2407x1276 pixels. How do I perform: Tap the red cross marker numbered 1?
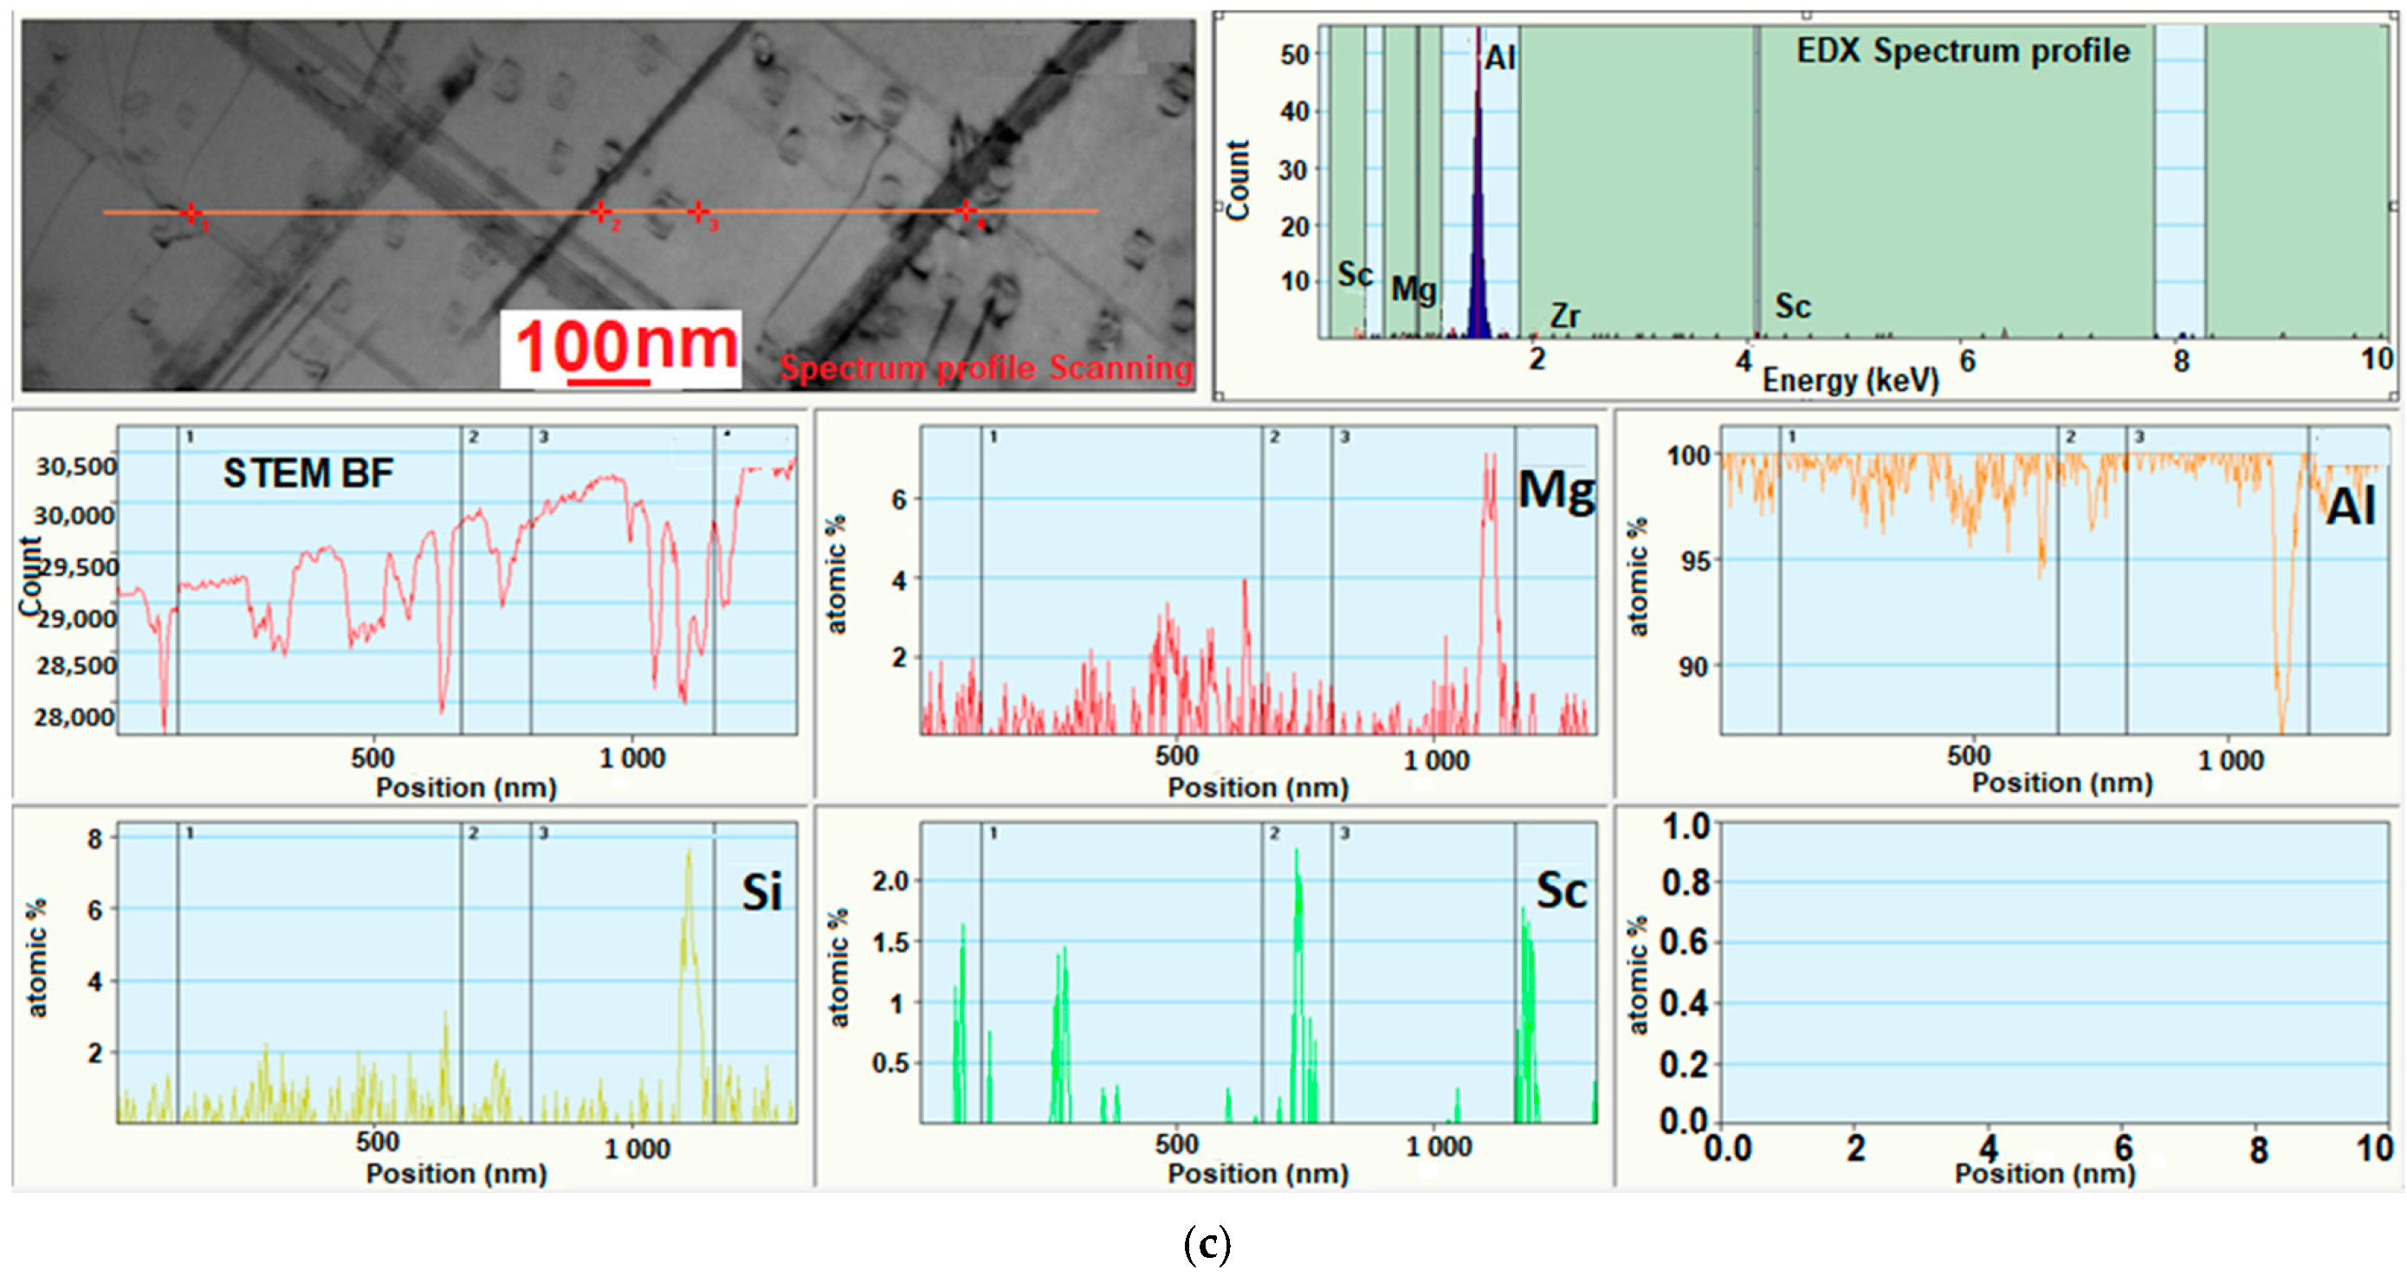pyautogui.click(x=191, y=213)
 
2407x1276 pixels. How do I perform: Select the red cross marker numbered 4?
pyautogui.click(x=965, y=211)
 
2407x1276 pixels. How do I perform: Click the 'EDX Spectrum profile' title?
pyautogui.click(x=1962, y=50)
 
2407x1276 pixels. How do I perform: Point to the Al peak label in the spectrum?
pyautogui.click(x=1499, y=58)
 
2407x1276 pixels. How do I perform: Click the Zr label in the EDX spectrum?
pyautogui.click(x=1564, y=316)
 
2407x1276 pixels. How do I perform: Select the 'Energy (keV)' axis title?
pyautogui.click(x=1850, y=380)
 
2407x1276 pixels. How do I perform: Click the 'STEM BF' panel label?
pyautogui.click(x=307, y=473)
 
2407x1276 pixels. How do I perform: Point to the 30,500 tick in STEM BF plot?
pyautogui.click(x=76, y=466)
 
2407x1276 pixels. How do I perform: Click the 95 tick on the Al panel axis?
pyautogui.click(x=1692, y=562)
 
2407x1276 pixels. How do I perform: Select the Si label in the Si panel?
pyautogui.click(x=761, y=893)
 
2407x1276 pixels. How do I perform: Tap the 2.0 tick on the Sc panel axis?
pyautogui.click(x=890, y=881)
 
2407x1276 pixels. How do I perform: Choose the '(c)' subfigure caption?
pyautogui.click(x=1207, y=1244)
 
